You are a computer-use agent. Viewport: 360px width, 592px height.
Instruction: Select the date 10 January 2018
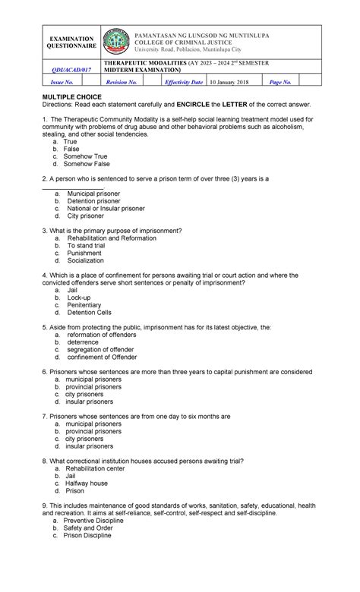(232, 81)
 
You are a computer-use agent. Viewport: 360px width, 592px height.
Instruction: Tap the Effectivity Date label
(186, 81)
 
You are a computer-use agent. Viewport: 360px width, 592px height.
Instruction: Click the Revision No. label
(122, 81)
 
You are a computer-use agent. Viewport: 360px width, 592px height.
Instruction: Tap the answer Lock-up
(78, 298)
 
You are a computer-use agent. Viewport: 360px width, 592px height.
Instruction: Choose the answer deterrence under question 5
(83, 342)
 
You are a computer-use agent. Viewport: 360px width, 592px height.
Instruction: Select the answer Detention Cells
(89, 313)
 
